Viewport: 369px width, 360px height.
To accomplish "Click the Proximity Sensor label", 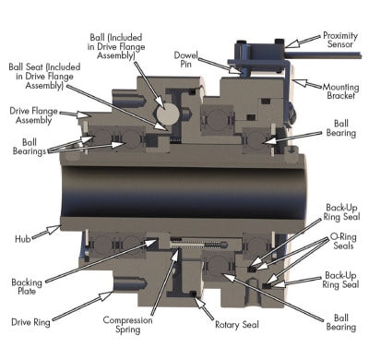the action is tap(340, 40).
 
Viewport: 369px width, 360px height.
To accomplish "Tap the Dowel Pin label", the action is tap(185, 59).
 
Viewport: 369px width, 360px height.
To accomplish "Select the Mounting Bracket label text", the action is tap(340, 91).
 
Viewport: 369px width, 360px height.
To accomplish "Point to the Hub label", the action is tap(23, 239).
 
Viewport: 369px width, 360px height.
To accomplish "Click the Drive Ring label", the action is tap(30, 322).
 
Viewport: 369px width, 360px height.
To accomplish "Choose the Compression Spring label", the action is tap(127, 325).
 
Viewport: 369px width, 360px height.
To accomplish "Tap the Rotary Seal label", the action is tap(237, 325).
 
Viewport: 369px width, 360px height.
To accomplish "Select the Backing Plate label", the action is tap(27, 286).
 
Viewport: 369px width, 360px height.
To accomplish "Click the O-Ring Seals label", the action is tap(343, 241).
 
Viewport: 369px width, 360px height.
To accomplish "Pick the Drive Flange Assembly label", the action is tap(33, 115).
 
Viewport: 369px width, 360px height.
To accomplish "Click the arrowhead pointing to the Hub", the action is tap(54, 229).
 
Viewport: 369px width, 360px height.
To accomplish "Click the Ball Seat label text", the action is tap(44, 76).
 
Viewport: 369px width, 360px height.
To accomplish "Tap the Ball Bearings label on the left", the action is tap(30, 147).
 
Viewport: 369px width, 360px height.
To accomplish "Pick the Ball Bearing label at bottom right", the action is tap(341, 322).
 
